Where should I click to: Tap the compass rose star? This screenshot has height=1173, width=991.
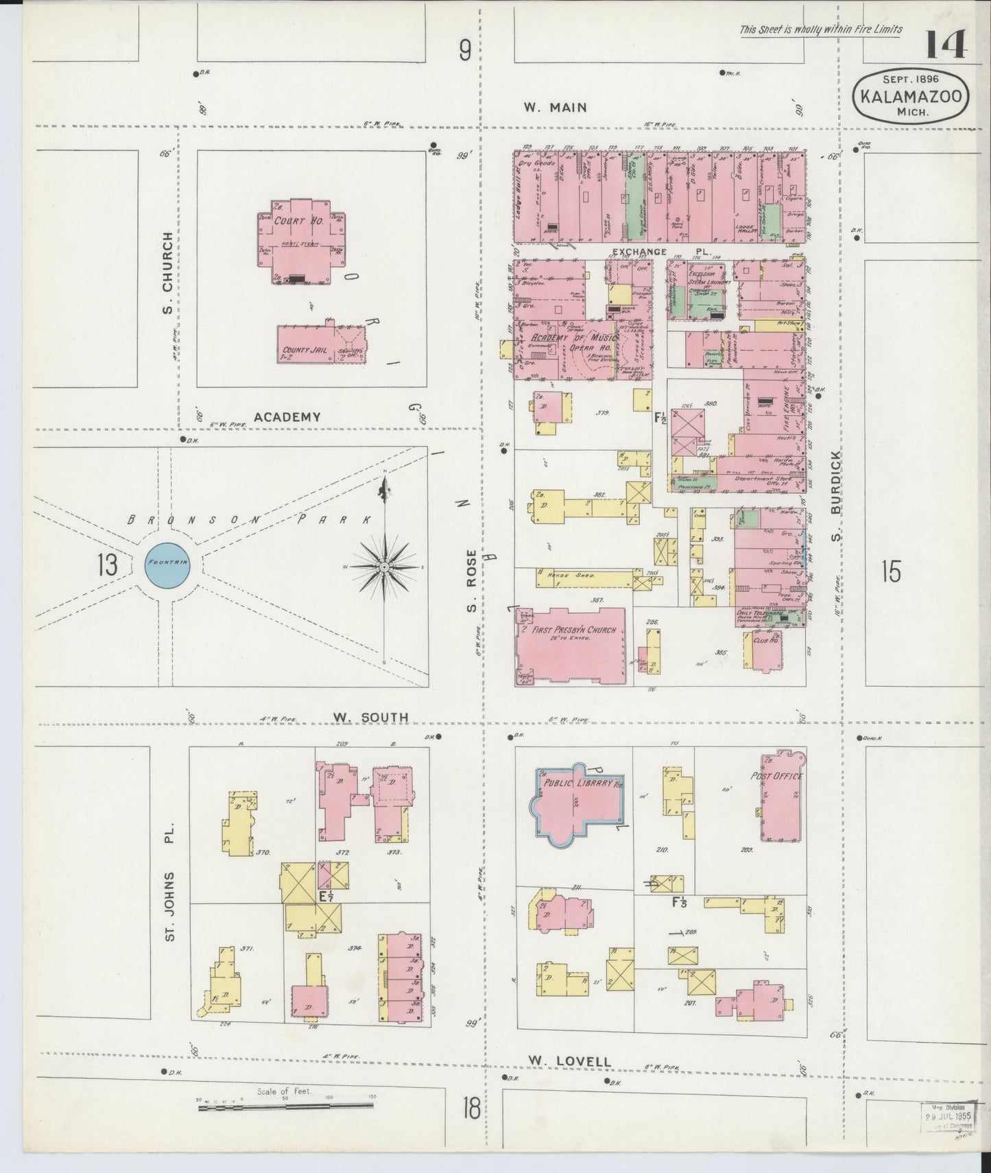(385, 567)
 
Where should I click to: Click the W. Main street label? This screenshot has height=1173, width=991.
(555, 107)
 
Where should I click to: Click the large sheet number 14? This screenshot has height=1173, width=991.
(946, 46)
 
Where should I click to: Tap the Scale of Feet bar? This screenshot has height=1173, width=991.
(287, 1107)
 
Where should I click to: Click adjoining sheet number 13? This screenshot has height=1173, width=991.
(107, 566)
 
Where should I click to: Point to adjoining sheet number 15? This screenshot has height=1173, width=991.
(890, 571)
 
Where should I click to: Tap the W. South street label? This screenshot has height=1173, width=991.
(370, 718)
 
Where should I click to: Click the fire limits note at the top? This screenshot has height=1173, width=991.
(820, 29)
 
